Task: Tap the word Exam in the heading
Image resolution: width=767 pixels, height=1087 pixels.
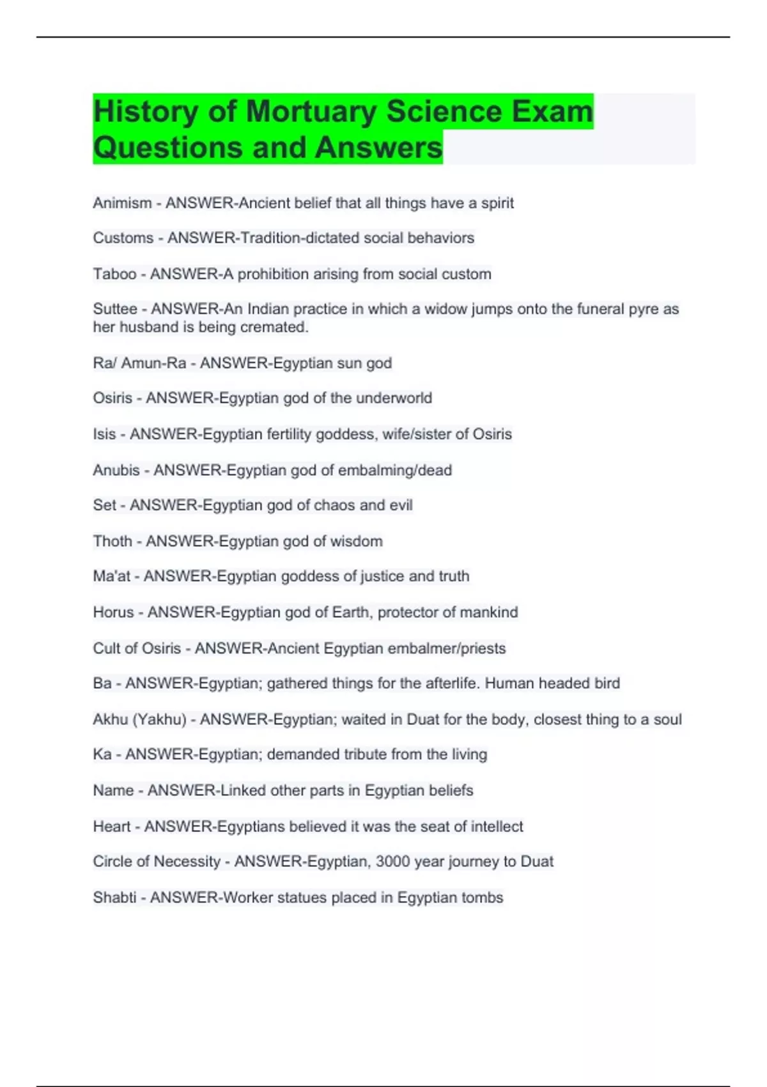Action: pyautogui.click(x=553, y=111)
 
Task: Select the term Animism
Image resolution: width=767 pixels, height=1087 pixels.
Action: pyautogui.click(x=122, y=203)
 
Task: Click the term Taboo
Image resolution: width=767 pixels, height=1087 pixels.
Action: pyautogui.click(x=114, y=274)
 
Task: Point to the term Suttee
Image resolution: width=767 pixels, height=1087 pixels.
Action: pyautogui.click(x=115, y=309)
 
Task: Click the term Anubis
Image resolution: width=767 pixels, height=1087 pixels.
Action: pyautogui.click(x=116, y=471)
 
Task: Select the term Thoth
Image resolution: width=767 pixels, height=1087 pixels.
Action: pyautogui.click(x=112, y=542)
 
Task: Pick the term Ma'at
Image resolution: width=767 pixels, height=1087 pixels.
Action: pyautogui.click(x=111, y=576)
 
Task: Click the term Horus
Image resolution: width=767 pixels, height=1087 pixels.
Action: pyautogui.click(x=113, y=613)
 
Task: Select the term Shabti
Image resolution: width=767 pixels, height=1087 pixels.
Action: pyautogui.click(x=114, y=898)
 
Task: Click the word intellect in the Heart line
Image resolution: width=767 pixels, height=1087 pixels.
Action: pyautogui.click(x=497, y=827)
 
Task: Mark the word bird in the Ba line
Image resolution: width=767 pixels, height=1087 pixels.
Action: pyautogui.click(x=607, y=684)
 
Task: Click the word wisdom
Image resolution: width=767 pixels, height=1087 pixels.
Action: pyautogui.click(x=356, y=542)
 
